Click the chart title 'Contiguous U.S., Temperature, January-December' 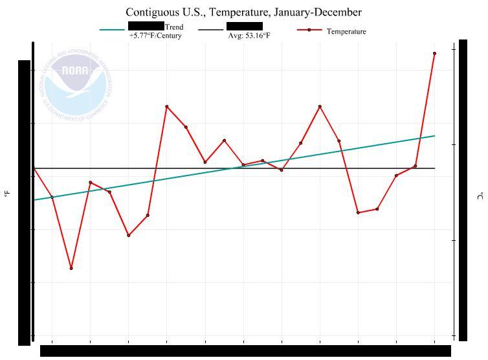243,12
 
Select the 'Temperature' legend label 346,31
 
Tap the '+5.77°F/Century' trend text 155,36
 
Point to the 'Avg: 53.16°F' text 249,36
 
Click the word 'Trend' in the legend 174,27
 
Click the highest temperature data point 434,53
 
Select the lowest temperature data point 71,268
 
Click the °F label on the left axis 7,193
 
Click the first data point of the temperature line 34,168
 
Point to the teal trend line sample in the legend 112,30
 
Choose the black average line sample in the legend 210,30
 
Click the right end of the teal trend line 434,136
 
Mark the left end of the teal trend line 34,200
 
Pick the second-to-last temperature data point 416,166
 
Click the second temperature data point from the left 52,197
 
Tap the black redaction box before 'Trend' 146,25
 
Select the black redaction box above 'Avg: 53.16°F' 245,26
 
